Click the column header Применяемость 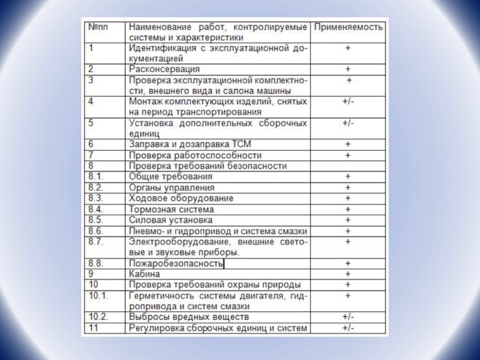(x=349, y=28)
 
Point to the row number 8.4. (x=96, y=209)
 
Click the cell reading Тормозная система (x=171, y=209)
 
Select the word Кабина (x=144, y=274)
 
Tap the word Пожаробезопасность (x=176, y=263)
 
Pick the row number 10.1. (x=98, y=296)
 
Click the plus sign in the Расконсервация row (x=348, y=70)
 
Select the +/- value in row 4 (x=348, y=102)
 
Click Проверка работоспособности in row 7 (x=187, y=155)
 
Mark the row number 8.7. (x=96, y=242)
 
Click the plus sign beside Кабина (x=348, y=274)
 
